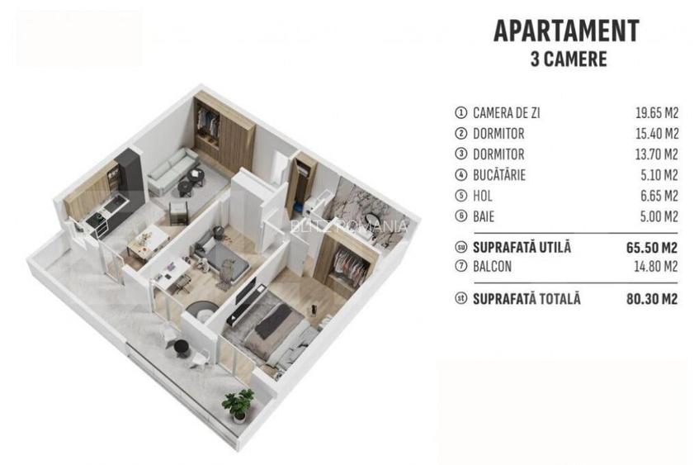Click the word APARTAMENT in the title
(565, 31)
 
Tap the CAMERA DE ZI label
(508, 113)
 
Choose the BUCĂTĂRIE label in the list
(499, 175)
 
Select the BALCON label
(493, 267)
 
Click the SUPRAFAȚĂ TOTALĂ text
(527, 298)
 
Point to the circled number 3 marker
(460, 154)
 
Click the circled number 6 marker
(460, 216)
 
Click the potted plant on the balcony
(239, 404)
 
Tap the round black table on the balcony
(197, 311)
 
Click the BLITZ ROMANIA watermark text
(348, 225)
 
